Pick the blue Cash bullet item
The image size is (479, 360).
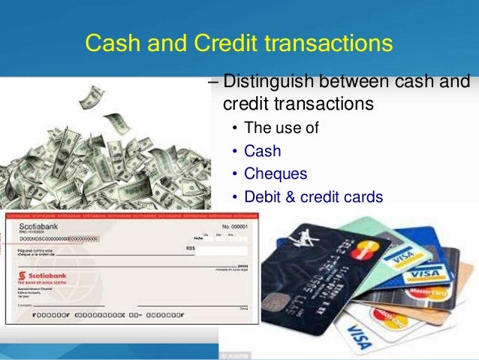(262, 151)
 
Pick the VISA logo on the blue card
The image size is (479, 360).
(429, 271)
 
